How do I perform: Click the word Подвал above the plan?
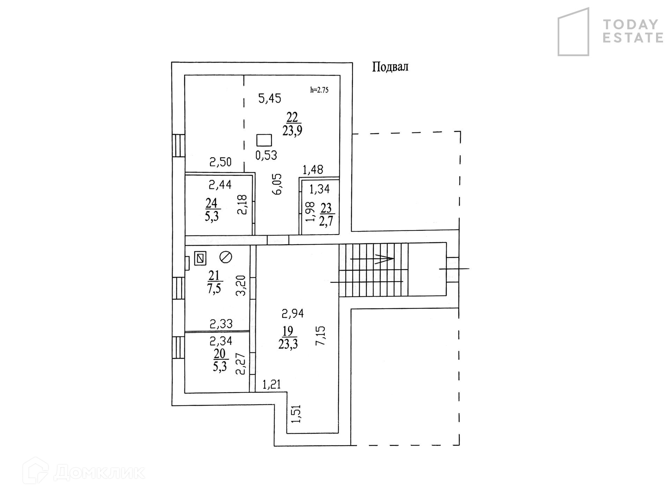pyautogui.click(x=390, y=67)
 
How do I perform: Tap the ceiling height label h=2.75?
pyautogui.click(x=319, y=90)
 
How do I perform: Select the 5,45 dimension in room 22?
pyautogui.click(x=269, y=99)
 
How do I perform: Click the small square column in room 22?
pyautogui.click(x=264, y=140)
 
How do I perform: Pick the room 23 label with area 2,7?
pyautogui.click(x=327, y=215)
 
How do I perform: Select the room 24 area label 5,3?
pyautogui.click(x=211, y=210)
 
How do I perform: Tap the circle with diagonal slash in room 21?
pyautogui.click(x=226, y=257)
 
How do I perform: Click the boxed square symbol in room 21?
pyautogui.click(x=200, y=258)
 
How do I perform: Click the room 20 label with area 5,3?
pyautogui.click(x=220, y=360)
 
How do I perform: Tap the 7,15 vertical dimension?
pyautogui.click(x=320, y=335)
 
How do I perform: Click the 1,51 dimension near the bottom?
pyautogui.click(x=297, y=414)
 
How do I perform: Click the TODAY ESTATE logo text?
pyautogui.click(x=633, y=31)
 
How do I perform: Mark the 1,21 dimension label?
pyautogui.click(x=271, y=385)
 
